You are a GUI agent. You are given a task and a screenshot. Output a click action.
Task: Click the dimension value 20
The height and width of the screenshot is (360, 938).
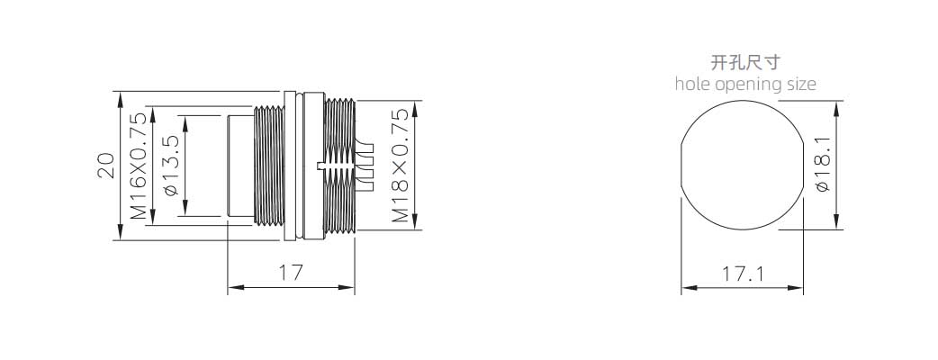tap(105, 165)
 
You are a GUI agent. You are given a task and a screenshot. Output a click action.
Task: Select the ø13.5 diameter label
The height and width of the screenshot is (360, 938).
tap(170, 166)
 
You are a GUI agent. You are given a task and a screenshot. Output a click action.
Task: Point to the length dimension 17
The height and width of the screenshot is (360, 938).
tap(290, 272)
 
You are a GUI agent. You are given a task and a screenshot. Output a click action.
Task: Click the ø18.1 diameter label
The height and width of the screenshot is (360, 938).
tap(820, 163)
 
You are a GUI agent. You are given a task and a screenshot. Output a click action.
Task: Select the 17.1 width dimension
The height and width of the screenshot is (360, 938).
tap(742, 272)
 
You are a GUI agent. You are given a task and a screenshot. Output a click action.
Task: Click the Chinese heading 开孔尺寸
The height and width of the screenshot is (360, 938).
tap(745, 62)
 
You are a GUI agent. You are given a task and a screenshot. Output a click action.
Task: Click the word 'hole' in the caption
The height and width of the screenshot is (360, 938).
tap(693, 85)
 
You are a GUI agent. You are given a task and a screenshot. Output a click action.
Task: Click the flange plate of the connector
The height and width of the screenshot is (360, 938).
tap(290, 166)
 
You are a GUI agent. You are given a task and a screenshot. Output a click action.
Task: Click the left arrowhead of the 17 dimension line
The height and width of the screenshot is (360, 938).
tap(233, 288)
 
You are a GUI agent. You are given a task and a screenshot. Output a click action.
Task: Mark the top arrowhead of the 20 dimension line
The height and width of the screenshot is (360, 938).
tap(120, 96)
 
